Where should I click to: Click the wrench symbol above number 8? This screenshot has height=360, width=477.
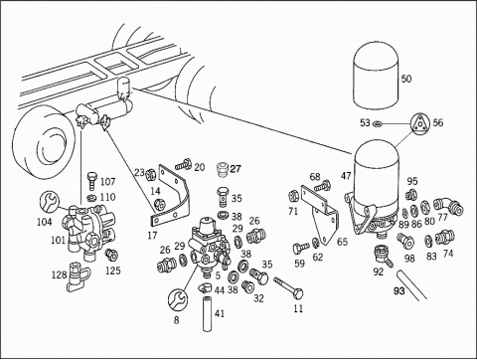[x=178, y=298]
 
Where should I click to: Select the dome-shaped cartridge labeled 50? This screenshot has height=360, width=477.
[x=374, y=76]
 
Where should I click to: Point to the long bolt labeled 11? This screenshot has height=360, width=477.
[x=288, y=287]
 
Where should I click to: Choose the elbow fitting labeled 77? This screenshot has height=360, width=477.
[x=449, y=205]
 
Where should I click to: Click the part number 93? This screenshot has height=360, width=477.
[x=399, y=290]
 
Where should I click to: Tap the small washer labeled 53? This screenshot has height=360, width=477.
[x=377, y=124]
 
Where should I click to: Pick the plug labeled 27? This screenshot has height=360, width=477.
[x=223, y=169]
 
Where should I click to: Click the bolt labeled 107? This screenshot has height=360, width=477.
[x=91, y=180]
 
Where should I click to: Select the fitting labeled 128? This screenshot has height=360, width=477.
[x=78, y=276]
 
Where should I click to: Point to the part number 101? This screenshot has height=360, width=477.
[x=58, y=240]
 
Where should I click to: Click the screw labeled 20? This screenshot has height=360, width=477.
[x=183, y=164]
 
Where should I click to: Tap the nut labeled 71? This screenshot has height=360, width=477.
[x=294, y=195]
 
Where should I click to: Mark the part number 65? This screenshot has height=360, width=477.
[x=342, y=242]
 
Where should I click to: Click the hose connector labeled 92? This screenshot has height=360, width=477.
[x=383, y=256]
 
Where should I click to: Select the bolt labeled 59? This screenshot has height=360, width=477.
[x=300, y=248]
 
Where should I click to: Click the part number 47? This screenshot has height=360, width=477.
[x=346, y=176]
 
